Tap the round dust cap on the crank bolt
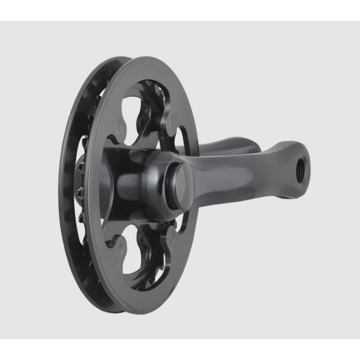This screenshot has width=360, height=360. (x=182, y=186)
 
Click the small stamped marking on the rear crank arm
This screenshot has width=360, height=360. (x=254, y=151)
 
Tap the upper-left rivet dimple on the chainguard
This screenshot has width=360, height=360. (x=121, y=127)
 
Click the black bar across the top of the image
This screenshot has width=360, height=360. (x=180, y=10)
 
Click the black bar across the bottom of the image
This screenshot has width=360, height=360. (x=180, y=349)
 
